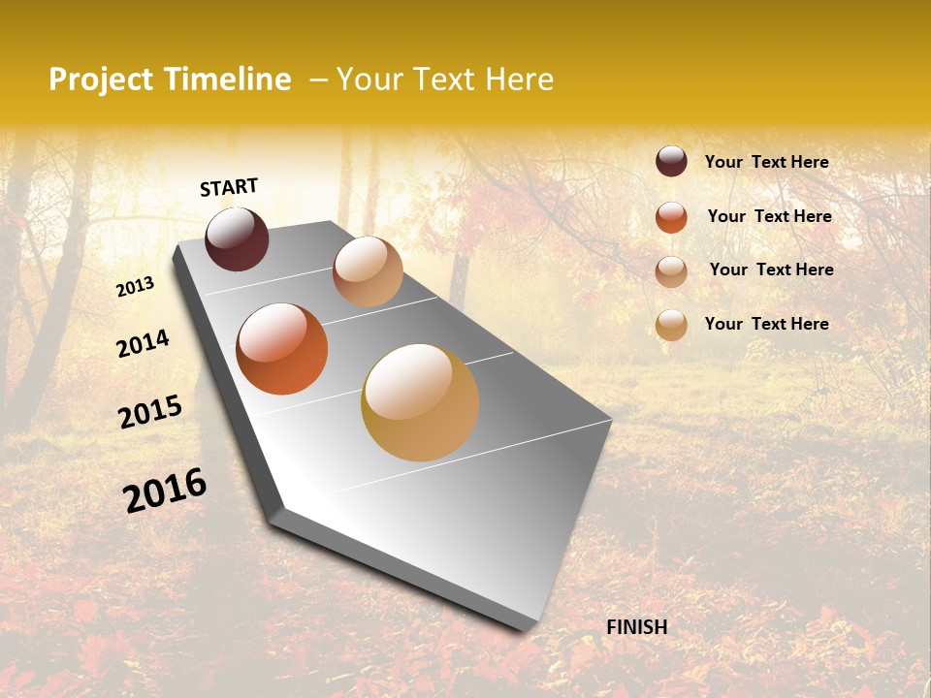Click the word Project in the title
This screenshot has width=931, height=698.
[x=101, y=79]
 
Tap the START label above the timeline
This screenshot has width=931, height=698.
[x=229, y=187]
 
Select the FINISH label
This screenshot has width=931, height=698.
[x=637, y=627]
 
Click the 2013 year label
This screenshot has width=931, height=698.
[x=135, y=287]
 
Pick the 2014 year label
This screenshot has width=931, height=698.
[x=143, y=343]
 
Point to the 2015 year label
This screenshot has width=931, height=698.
[x=150, y=412]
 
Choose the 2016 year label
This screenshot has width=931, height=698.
[x=165, y=490]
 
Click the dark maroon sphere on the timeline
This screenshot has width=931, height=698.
[x=237, y=238]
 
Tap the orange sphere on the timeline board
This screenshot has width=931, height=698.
[x=281, y=349]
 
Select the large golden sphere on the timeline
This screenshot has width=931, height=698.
[x=420, y=402]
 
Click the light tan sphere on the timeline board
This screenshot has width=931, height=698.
[x=368, y=271]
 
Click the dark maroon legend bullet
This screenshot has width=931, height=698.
[x=671, y=161]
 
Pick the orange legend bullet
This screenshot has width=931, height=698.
[x=671, y=217]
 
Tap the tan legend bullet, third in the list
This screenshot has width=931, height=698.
[x=671, y=271]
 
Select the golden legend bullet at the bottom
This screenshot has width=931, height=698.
[x=671, y=326]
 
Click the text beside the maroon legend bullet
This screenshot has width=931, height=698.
[x=766, y=162]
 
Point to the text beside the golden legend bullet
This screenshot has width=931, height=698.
[x=766, y=324]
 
